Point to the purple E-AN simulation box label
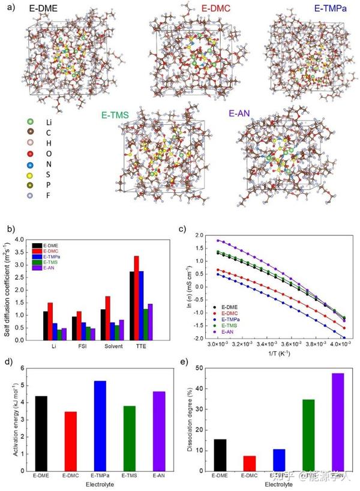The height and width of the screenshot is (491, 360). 245,112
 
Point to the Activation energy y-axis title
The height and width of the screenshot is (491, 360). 14,418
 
